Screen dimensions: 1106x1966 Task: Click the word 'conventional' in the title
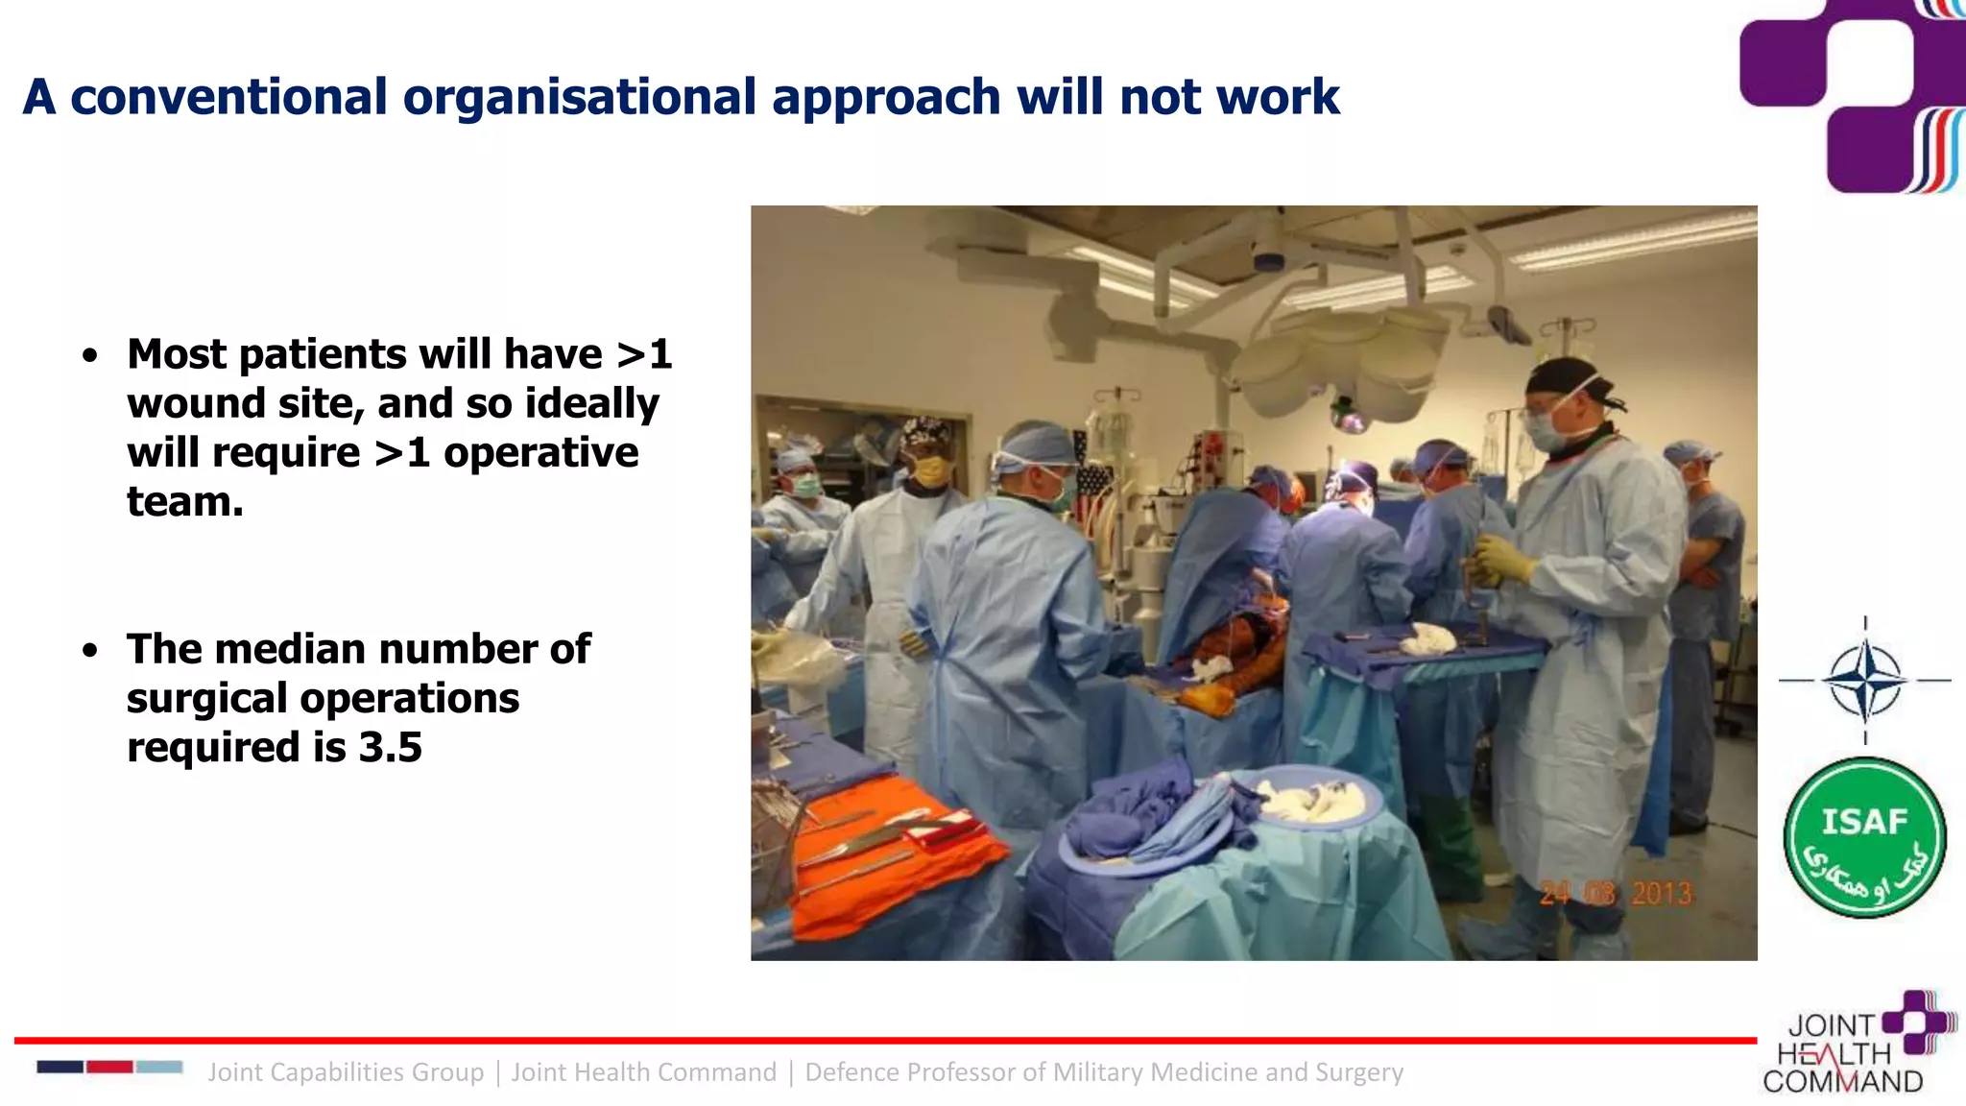point(228,97)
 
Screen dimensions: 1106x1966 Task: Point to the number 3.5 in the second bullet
point(390,747)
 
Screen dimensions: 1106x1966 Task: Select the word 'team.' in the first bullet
point(185,501)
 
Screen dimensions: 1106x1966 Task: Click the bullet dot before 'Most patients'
point(90,356)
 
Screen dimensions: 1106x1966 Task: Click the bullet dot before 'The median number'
point(90,651)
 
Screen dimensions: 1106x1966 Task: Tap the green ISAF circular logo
point(1864,837)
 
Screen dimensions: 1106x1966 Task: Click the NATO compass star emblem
point(1864,680)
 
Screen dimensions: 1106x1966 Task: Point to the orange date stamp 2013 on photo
point(1662,894)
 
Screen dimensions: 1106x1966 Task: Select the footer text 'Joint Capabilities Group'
point(346,1072)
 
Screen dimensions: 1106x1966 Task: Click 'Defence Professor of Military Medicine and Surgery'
point(1104,1072)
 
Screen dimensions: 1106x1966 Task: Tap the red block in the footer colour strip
point(109,1067)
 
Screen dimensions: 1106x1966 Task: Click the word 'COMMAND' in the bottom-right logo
point(1843,1082)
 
